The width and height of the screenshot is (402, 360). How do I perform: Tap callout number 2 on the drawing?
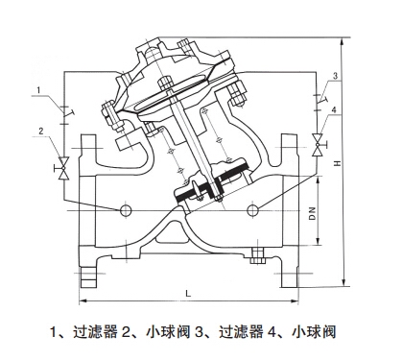pyautogui.click(x=40, y=131)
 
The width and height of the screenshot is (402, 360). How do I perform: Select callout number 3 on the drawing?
pyautogui.click(x=335, y=76)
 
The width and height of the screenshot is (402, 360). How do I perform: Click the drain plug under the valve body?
pyautogui.click(x=255, y=255)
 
